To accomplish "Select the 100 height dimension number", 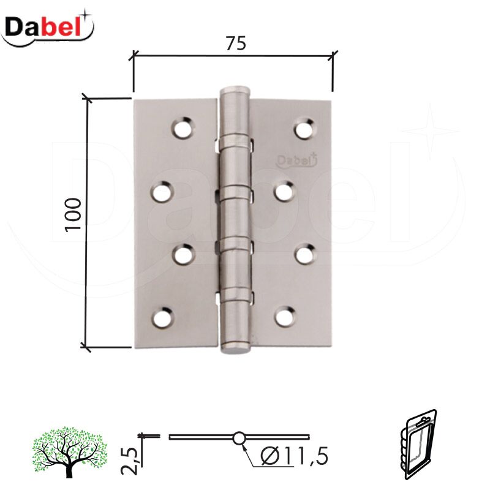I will point(73,214).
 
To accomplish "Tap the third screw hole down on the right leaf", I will point(304,253).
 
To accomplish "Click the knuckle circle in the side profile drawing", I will point(238,438).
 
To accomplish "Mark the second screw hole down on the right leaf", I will point(284,192).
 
